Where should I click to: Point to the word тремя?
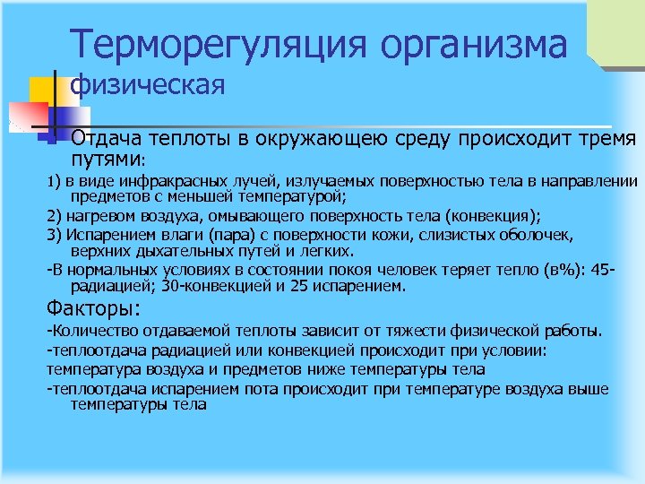(x=609, y=139)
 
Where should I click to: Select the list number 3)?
(x=53, y=235)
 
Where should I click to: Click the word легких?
(x=327, y=250)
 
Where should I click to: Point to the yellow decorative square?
(x=43, y=91)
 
